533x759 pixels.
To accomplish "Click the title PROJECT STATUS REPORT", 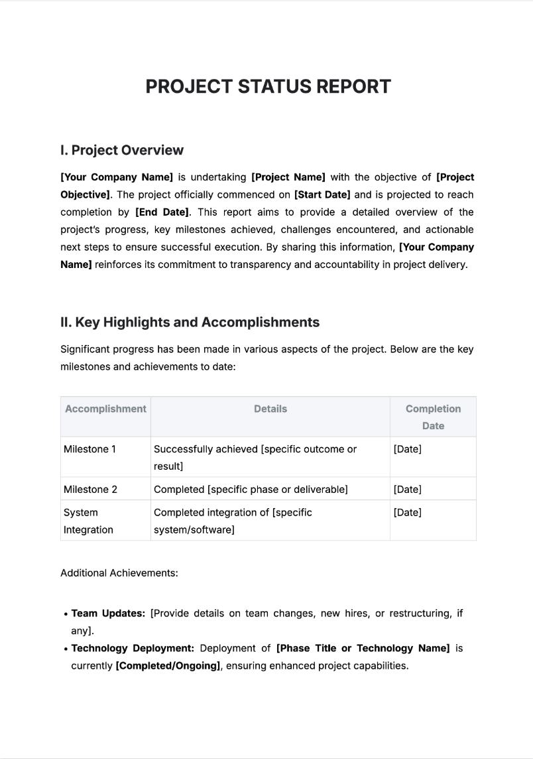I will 268,87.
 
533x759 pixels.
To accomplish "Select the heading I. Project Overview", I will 121,150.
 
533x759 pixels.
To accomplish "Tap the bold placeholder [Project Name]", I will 288,177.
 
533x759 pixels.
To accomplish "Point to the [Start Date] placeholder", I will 322,194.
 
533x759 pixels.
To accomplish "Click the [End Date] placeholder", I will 162,212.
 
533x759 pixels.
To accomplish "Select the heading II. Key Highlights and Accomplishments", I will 190,322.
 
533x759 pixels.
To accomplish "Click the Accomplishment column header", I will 105,409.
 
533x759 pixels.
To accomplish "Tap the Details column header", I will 270,409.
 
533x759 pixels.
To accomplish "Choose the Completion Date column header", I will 433,417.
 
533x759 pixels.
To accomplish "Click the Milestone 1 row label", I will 89,449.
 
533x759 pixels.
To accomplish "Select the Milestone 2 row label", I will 90,489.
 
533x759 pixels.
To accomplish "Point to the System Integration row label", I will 88,521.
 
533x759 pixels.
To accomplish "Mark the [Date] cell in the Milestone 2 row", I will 407,489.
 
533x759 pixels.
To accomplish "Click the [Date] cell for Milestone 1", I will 407,449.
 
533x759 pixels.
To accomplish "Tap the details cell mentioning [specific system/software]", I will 233,521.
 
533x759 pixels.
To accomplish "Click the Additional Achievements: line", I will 119,573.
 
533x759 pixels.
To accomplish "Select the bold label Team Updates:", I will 108,613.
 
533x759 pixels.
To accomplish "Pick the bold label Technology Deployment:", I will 133,648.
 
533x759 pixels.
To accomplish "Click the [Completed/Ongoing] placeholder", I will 168,665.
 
